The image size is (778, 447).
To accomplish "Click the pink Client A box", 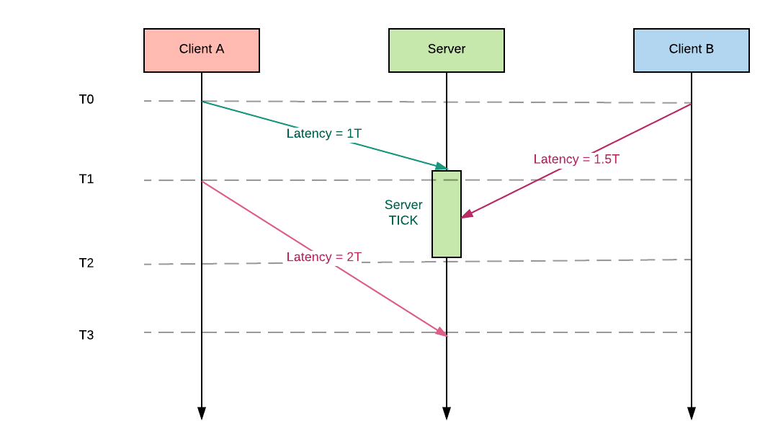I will click(202, 50).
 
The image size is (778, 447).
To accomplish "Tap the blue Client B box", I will click(692, 50).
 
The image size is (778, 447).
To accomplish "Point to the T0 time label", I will click(86, 99).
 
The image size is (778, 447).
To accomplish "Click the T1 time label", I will click(86, 179).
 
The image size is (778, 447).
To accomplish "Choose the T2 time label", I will click(86, 263).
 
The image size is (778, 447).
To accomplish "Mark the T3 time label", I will click(86, 335).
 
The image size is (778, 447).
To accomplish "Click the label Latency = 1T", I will click(324, 133).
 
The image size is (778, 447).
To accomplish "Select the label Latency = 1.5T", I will click(576, 159).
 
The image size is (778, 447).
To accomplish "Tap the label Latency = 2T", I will click(324, 257).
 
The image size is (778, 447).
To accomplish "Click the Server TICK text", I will click(403, 213).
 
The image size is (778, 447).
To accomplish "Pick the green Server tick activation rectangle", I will click(447, 238).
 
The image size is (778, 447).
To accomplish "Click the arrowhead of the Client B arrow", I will click(467, 214).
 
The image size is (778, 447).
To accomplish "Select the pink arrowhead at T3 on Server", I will click(441, 332).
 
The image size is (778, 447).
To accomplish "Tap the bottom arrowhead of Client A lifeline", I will click(202, 413).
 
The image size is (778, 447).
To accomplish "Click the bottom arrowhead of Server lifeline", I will click(447, 413).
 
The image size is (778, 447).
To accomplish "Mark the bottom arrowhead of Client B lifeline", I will click(692, 413).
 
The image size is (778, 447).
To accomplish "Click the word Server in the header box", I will click(447, 49).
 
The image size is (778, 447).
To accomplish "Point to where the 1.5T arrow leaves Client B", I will click(690, 105).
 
